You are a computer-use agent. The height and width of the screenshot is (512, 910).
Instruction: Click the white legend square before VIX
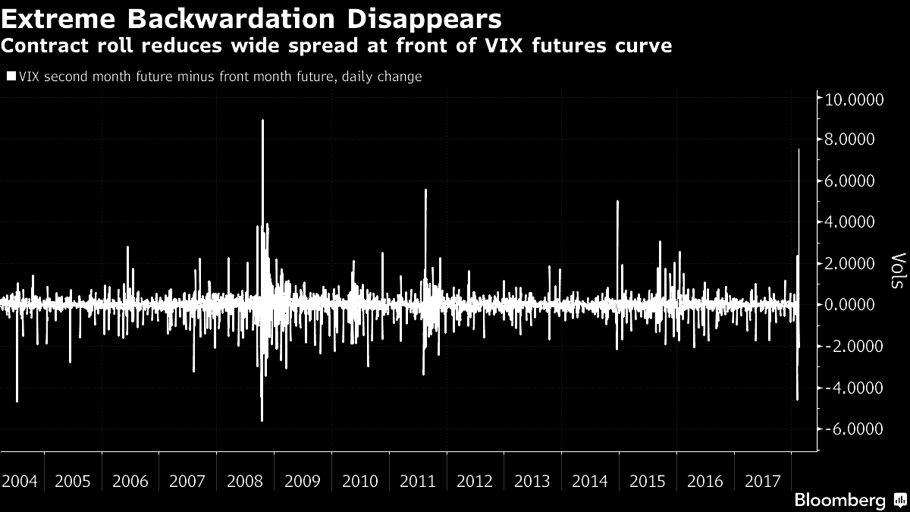pos(11,76)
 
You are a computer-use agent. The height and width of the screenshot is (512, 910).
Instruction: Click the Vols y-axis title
pos(897,271)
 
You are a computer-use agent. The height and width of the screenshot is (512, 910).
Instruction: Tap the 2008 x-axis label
pos(245,482)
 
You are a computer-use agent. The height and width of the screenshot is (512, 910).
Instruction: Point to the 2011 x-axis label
pos(417,482)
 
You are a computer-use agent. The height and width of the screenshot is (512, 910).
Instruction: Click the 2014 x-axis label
pos(589,482)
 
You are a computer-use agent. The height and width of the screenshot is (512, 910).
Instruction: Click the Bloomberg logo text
pos(839,501)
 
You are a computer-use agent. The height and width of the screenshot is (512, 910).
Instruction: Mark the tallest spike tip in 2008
pos(262,120)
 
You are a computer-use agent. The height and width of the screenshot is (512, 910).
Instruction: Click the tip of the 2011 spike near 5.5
pos(425,190)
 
